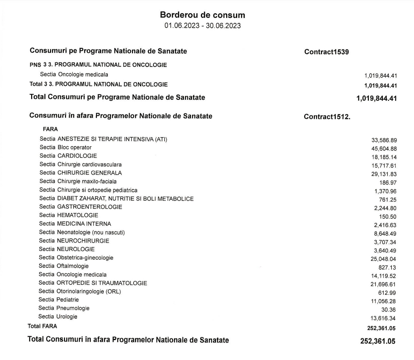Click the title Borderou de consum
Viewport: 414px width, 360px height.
click(x=202, y=15)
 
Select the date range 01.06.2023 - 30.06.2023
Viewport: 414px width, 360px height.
click(x=202, y=26)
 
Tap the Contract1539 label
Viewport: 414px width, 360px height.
click(x=326, y=52)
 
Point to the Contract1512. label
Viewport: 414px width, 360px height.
click(x=327, y=117)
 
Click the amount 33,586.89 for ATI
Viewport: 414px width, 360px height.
click(x=384, y=140)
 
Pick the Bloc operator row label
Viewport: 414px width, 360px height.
click(x=65, y=148)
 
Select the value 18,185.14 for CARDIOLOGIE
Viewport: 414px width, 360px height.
click(x=384, y=157)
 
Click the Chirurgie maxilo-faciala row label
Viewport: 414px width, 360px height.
click(x=78, y=181)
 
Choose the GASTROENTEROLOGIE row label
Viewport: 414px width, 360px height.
click(x=81, y=207)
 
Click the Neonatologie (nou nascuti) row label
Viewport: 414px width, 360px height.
click(x=82, y=232)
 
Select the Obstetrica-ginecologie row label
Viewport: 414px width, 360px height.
click(x=76, y=258)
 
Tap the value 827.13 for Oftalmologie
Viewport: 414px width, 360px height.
click(x=387, y=268)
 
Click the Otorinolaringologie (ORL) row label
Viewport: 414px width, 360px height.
click(x=80, y=291)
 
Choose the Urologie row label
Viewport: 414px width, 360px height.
click(x=58, y=317)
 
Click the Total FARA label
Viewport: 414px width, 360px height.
click(x=42, y=326)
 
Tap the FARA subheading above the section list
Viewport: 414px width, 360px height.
click(x=50, y=129)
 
